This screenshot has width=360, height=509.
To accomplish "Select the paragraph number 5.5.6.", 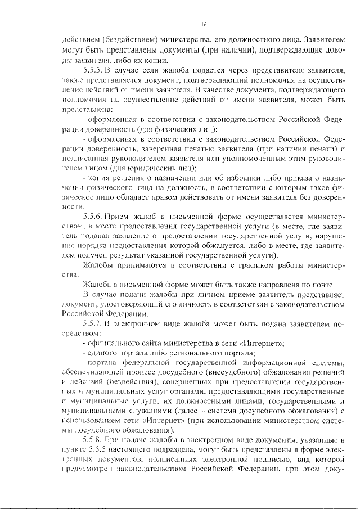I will point(93,216).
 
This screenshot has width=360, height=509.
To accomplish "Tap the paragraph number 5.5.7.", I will point(93,324).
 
